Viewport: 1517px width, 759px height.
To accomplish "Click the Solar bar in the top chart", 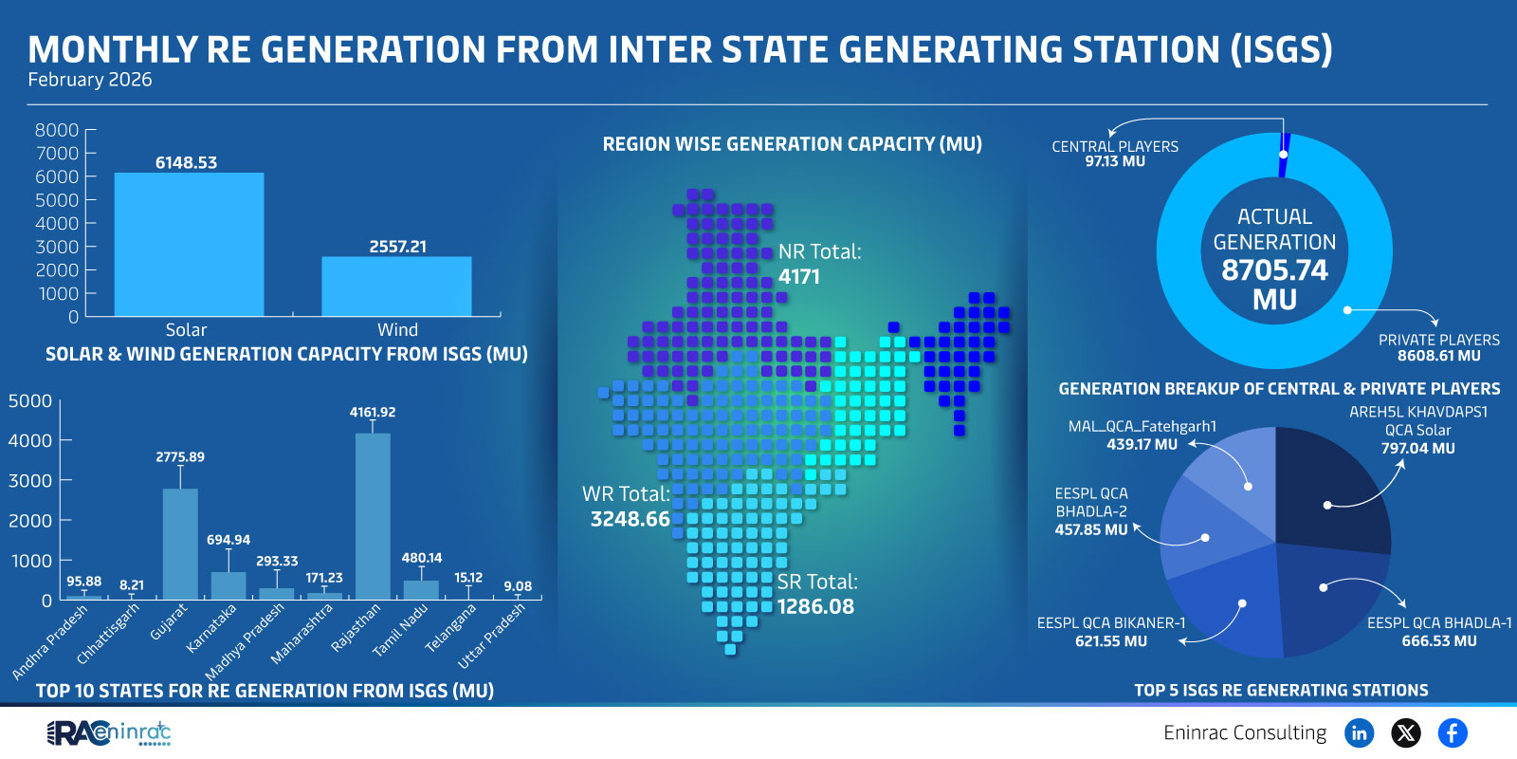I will [189, 245].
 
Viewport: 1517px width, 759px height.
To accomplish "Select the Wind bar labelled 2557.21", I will [396, 287].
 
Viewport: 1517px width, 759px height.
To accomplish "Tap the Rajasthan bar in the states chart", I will [373, 517].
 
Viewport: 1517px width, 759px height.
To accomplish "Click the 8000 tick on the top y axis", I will [56, 130].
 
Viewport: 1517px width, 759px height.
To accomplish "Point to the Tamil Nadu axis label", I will [400, 631].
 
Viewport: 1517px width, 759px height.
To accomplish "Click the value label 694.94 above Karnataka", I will [228, 540].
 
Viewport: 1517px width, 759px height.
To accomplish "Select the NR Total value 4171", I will [799, 277].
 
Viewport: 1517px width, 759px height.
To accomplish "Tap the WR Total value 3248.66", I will [630, 519].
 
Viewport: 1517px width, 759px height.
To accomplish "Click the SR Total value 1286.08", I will [815, 606].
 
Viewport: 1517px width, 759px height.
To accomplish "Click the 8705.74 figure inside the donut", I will [1274, 270].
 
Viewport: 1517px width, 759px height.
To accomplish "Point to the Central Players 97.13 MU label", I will [1115, 154].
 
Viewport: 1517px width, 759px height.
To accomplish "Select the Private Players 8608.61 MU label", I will [1438, 348].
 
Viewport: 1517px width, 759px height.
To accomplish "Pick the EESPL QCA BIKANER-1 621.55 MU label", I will [1111, 632].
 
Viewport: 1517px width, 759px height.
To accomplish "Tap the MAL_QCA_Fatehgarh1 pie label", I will [1142, 435].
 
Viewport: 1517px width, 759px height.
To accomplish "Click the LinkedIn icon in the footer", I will [1360, 732].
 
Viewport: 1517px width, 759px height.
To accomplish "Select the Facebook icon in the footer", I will [1453, 732].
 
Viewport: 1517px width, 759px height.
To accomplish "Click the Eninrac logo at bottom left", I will [108, 732].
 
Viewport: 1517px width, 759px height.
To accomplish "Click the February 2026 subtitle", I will [90, 80].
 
